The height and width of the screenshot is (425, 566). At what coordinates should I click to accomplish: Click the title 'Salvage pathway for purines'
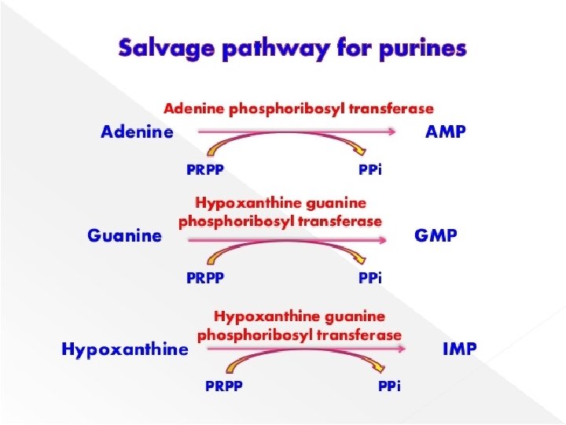click(x=292, y=49)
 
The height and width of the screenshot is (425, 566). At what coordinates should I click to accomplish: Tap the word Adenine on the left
click(x=137, y=132)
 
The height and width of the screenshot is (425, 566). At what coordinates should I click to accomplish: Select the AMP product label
click(x=445, y=132)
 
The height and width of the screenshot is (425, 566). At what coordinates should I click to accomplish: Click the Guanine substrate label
click(x=124, y=235)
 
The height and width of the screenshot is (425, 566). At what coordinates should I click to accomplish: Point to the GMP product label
click(x=435, y=235)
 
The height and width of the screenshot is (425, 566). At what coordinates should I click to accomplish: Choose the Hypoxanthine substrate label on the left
click(x=124, y=349)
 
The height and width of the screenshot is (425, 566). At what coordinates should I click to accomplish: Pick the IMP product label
click(x=459, y=349)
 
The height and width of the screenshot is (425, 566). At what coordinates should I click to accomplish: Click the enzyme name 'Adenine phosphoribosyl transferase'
click(x=298, y=108)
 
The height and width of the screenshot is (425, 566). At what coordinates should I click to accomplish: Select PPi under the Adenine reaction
click(x=369, y=169)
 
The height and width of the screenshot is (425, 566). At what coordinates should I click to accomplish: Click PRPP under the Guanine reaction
click(x=204, y=277)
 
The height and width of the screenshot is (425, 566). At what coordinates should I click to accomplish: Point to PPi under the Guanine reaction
click(x=369, y=277)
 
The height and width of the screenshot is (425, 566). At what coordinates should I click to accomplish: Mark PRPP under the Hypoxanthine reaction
click(x=224, y=386)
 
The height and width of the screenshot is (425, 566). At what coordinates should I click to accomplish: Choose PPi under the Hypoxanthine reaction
click(x=389, y=386)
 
